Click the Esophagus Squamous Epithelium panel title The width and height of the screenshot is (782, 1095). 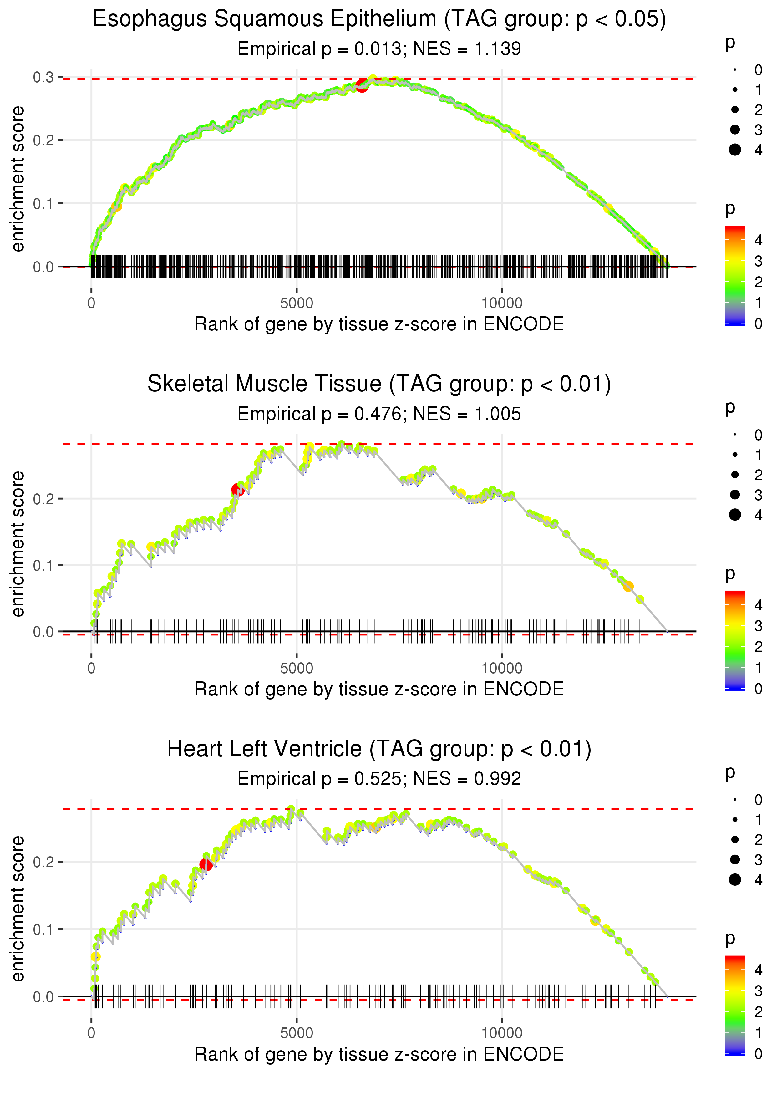(x=379, y=19)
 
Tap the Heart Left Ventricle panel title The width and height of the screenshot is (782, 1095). (x=379, y=749)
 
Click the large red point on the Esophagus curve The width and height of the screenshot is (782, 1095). (x=362, y=86)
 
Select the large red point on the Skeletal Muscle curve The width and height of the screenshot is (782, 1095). (x=237, y=490)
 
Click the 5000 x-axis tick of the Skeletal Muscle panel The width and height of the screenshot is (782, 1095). (x=297, y=668)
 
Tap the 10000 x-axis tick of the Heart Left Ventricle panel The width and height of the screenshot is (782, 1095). (x=502, y=1033)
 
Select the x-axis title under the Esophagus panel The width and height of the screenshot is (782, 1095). (x=379, y=324)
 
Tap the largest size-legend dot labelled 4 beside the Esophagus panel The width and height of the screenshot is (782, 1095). (x=735, y=150)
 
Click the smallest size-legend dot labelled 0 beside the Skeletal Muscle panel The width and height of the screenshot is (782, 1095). (x=735, y=435)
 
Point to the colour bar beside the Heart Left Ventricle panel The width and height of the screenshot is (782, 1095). (x=735, y=1006)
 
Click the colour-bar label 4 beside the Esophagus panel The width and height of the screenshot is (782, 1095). (x=759, y=240)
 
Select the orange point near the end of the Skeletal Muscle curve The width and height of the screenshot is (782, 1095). (x=628, y=587)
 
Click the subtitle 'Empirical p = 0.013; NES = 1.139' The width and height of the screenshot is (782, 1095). (x=379, y=48)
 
